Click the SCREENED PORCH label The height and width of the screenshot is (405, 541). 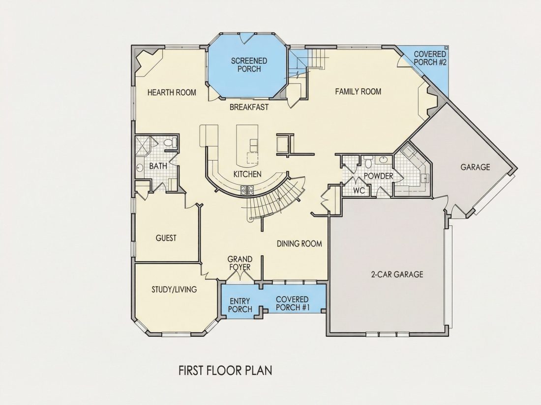point(249,65)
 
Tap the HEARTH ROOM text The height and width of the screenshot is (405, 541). point(172,92)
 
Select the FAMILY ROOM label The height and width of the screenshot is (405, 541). point(358,91)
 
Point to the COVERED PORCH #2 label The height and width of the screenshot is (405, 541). point(430,58)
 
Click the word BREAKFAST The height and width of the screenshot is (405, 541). point(249,107)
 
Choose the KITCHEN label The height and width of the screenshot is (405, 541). point(247,174)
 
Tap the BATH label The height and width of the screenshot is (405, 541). point(158,166)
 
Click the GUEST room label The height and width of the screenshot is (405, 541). point(166,238)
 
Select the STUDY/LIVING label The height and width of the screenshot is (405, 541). point(174,289)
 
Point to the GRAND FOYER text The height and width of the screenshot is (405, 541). point(240,263)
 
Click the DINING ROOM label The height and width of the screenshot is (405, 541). point(299,244)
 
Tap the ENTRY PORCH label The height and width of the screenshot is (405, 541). point(240,305)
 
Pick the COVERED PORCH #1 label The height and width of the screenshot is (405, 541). point(292,303)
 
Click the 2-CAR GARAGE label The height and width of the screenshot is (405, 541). point(397,274)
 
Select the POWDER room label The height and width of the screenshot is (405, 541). point(379,176)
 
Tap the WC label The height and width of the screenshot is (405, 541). point(359,190)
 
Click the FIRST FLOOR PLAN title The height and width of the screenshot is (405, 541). point(225,371)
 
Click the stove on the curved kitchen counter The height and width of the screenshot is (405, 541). point(247,190)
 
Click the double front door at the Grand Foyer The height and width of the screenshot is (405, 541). point(240,275)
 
